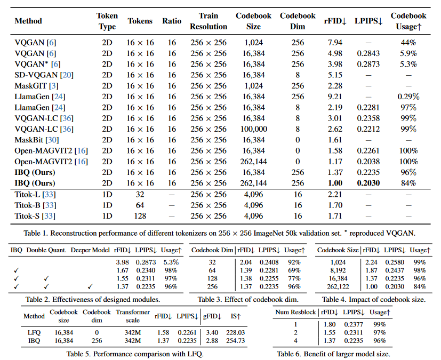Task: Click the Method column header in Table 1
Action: [28, 21]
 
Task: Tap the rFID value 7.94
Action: [335, 42]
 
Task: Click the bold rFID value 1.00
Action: [335, 183]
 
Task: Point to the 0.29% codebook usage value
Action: [408, 96]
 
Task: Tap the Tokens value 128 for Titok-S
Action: [140, 216]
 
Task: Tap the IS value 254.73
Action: [238, 340]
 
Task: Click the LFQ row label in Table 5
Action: [34, 332]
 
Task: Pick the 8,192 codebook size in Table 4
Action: [338, 270]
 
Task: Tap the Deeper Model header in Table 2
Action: [91, 250]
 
